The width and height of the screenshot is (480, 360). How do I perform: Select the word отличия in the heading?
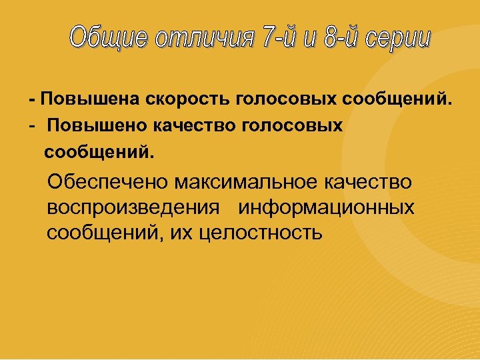point(204,39)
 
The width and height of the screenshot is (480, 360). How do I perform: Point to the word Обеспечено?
point(110,182)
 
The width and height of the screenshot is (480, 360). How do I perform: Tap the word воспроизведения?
point(134,207)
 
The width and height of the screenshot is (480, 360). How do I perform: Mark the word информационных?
point(327,207)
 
